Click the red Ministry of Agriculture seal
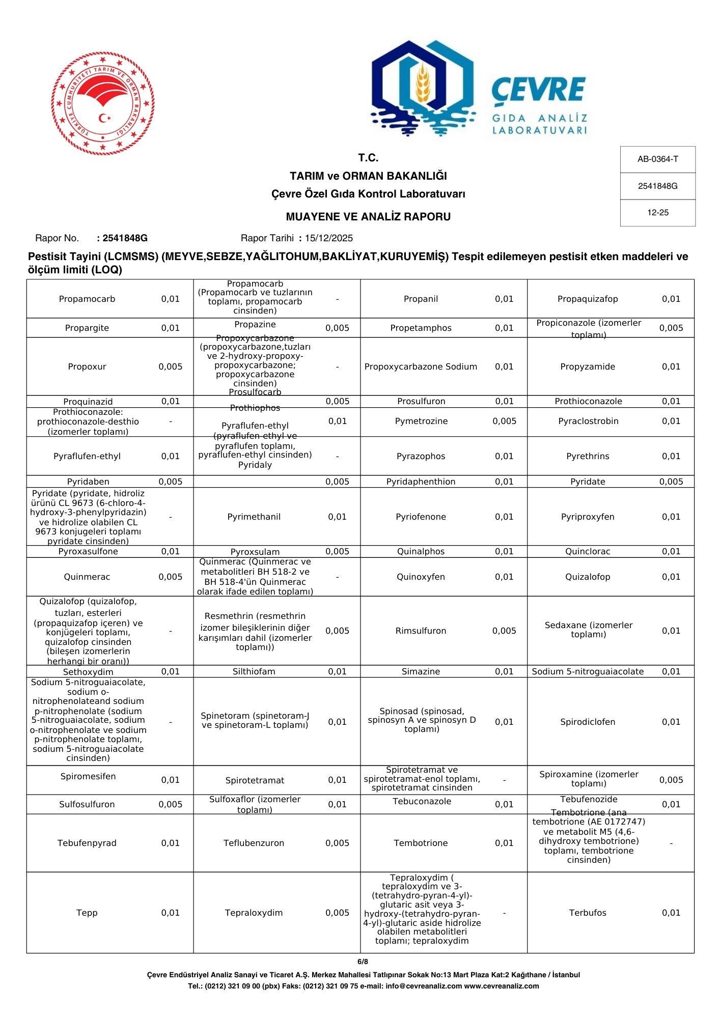tap(103, 103)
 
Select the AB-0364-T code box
tap(657, 159)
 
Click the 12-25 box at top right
tap(657, 213)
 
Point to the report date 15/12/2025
tap(328, 238)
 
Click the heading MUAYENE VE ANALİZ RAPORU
tap(368, 217)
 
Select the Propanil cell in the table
tap(421, 299)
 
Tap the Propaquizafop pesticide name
tap(588, 299)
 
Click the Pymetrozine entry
tap(421, 421)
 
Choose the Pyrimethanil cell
tap(254, 517)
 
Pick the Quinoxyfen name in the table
tap(421, 577)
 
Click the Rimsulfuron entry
tap(421, 631)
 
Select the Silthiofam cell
tap(254, 671)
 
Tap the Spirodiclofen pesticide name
tap(588, 722)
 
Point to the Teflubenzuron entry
tap(254, 843)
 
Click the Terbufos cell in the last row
tap(588, 913)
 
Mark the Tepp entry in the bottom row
tap(87, 913)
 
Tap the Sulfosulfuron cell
tap(87, 804)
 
